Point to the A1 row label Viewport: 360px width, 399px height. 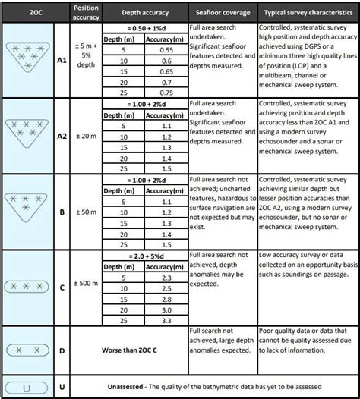coord(62,60)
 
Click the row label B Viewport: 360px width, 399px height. coord(62,213)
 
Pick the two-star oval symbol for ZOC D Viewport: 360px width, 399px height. coord(28,351)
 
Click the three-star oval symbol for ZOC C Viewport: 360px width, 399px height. coord(28,288)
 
